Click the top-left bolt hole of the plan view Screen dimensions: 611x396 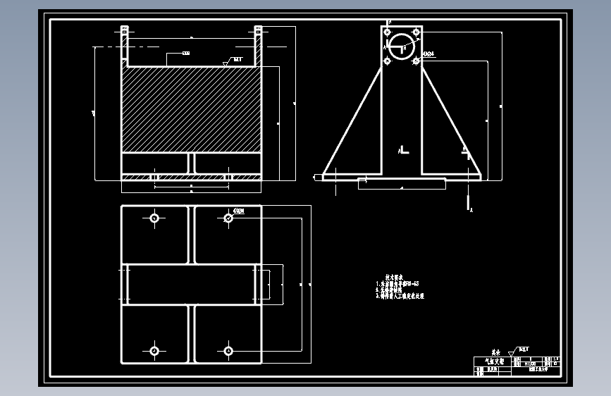pos(154,218)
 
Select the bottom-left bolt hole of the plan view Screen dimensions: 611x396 pos(154,350)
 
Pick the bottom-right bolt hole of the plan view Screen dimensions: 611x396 pos(228,350)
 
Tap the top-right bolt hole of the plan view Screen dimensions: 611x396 pos(228,218)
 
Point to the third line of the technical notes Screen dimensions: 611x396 pos(400,297)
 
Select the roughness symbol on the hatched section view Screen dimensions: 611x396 pos(226,63)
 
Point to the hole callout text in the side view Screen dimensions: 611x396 pos(428,54)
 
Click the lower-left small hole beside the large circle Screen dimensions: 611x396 pos(387,61)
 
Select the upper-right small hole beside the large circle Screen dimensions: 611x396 pos(416,32)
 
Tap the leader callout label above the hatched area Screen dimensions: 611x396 pos(186,54)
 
